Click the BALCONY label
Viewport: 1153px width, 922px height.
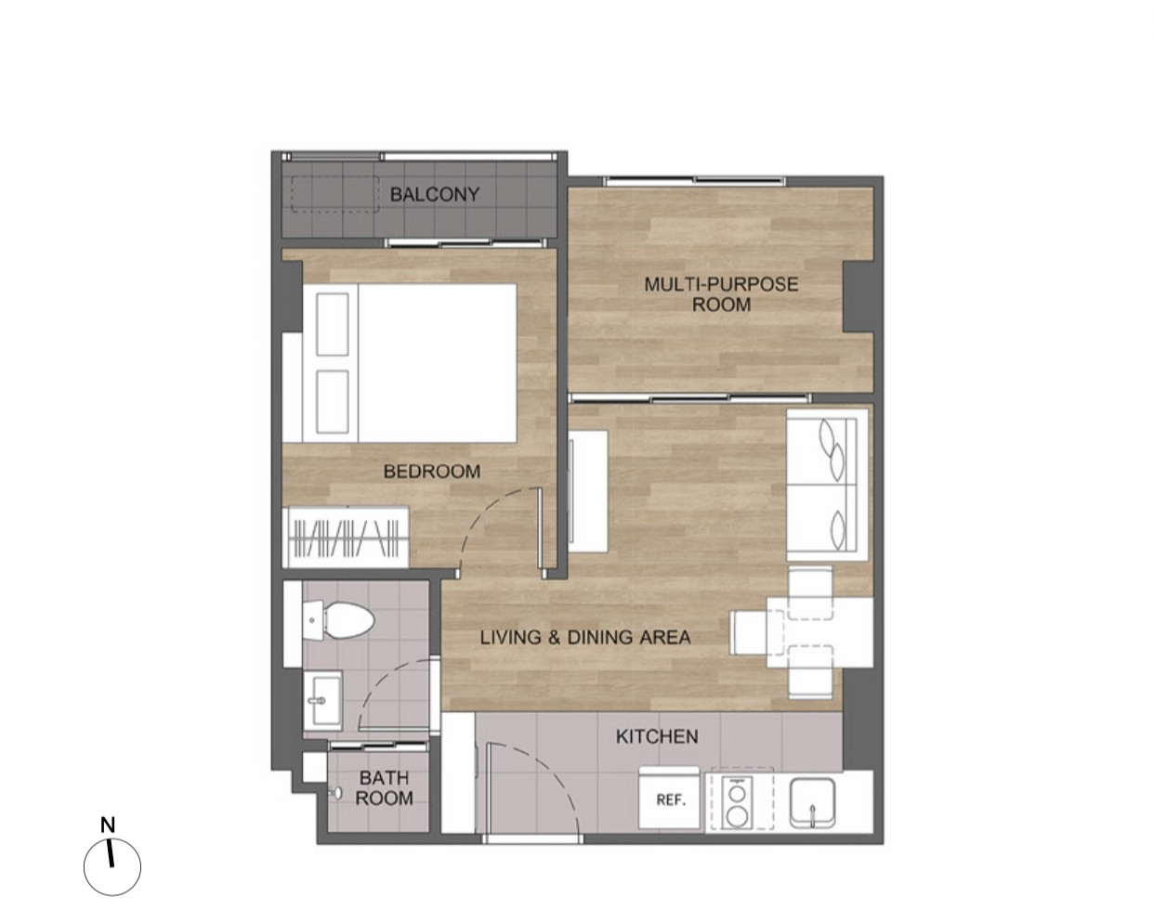click(435, 194)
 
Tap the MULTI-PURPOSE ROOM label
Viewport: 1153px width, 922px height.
click(721, 294)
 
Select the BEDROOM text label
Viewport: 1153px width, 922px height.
click(432, 471)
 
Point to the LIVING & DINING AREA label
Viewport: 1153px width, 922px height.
click(585, 637)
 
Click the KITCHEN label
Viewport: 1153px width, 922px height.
click(657, 736)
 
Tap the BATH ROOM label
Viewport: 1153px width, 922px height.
click(384, 787)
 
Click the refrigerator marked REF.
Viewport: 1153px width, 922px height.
click(670, 799)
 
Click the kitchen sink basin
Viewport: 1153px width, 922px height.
click(812, 803)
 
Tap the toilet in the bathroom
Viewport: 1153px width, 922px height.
click(337, 620)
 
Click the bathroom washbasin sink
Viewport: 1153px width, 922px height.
click(322, 700)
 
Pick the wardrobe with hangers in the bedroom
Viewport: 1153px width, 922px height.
click(346, 537)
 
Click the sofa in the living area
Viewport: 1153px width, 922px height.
click(826, 485)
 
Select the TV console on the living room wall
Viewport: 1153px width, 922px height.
click(588, 491)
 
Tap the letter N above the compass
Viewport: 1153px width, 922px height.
click(108, 825)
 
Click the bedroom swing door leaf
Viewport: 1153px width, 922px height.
click(540, 533)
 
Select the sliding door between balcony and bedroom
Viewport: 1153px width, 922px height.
click(466, 243)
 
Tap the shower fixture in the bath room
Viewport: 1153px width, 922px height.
click(336, 793)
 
